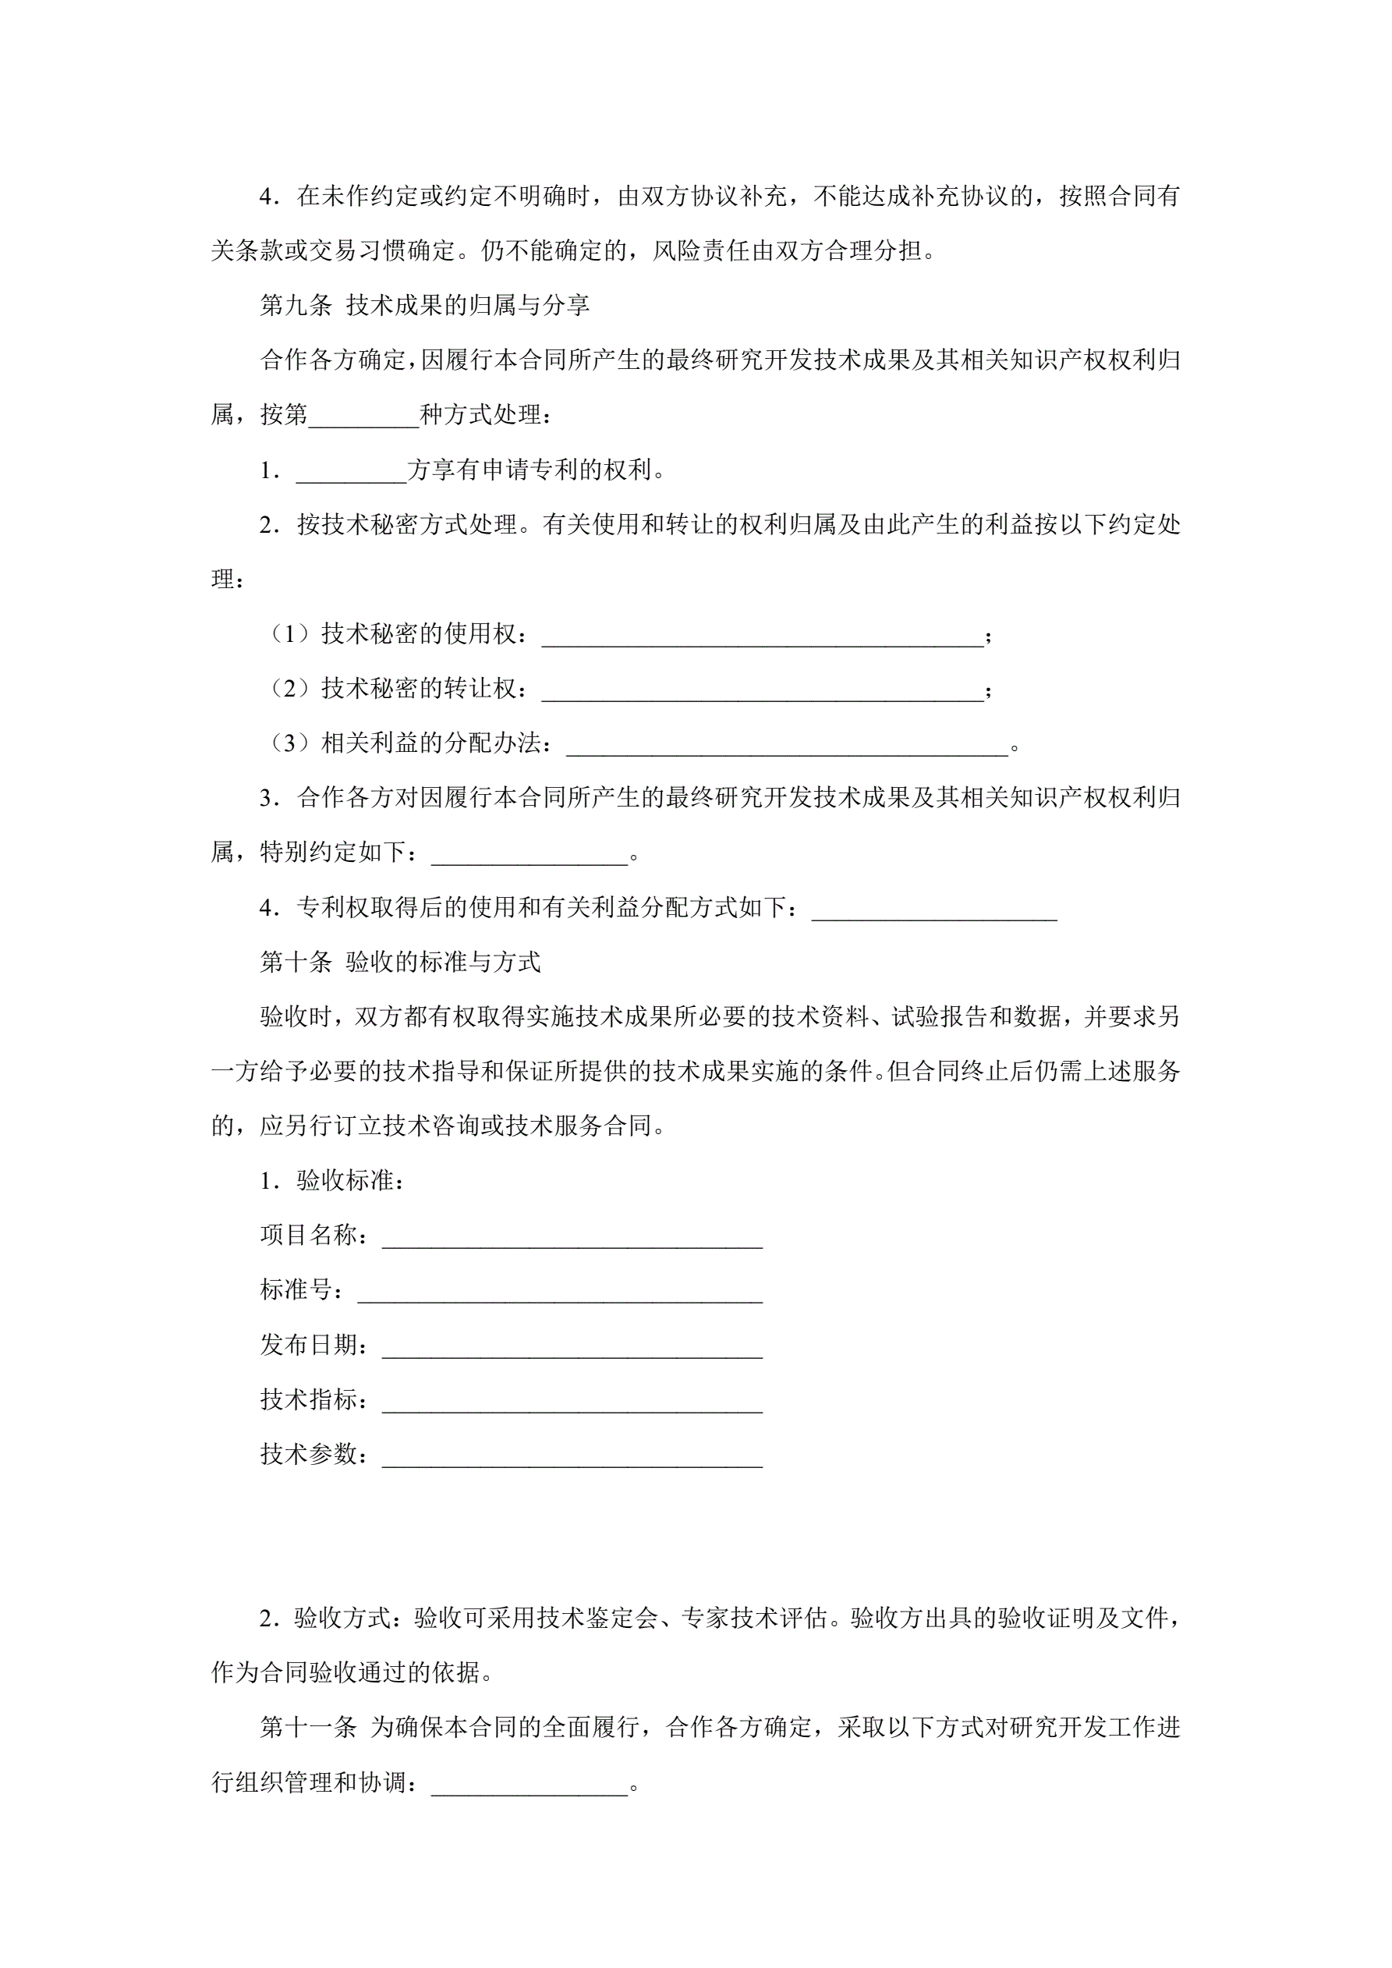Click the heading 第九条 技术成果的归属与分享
coord(424,305)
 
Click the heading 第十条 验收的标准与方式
coord(400,962)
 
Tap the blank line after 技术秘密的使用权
coord(762,635)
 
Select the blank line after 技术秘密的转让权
coord(762,690)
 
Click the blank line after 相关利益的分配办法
coord(787,745)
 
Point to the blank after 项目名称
coord(572,1236)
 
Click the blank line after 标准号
coord(560,1291)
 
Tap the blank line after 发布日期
coord(572,1346)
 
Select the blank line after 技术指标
coord(572,1401)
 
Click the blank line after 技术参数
coord(572,1456)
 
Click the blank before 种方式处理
coord(363,416)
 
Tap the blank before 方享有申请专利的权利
coord(352,470)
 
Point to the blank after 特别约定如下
coord(529,853)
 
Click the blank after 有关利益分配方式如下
coord(933,909)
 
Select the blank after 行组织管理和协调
coord(529,1783)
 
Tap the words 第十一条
coord(308,1727)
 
